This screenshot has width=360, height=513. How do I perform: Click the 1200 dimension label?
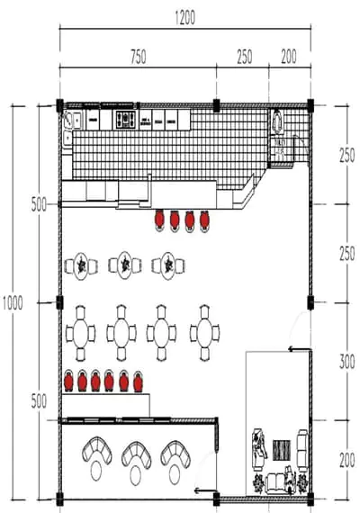[x=185, y=17]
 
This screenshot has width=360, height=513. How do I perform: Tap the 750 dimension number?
[x=138, y=57]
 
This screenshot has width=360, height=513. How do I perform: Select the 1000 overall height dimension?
[x=13, y=303]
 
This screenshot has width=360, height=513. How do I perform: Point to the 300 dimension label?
[x=346, y=362]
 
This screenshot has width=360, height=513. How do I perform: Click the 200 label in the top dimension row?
[x=289, y=57]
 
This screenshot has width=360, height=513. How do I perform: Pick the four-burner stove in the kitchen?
[x=124, y=120]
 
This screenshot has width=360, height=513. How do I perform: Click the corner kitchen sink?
[x=72, y=120]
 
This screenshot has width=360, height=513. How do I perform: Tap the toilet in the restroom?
[x=278, y=122]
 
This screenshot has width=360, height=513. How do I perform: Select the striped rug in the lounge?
[x=282, y=450]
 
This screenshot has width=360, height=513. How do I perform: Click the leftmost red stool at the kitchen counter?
[x=159, y=220]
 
